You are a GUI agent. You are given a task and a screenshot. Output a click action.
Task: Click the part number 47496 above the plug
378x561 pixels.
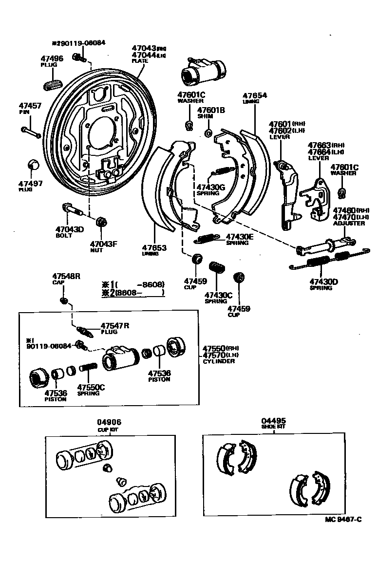pos(52,59)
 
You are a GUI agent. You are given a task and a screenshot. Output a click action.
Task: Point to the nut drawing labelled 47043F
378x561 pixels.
pos(101,222)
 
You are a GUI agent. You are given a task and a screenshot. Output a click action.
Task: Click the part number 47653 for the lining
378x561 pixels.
pos(154,247)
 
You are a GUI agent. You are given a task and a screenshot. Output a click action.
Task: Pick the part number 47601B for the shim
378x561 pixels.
pos(211,110)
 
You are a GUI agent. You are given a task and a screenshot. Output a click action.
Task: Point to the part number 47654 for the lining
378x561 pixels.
pos(255,95)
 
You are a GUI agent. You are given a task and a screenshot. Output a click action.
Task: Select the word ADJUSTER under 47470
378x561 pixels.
pos(348,224)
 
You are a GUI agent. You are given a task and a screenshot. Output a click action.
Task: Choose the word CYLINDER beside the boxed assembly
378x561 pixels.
pos(219,361)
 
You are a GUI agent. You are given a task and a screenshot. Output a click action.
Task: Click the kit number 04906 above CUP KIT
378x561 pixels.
pos(109,422)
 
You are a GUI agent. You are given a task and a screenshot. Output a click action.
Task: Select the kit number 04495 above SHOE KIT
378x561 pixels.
pos(273,420)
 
